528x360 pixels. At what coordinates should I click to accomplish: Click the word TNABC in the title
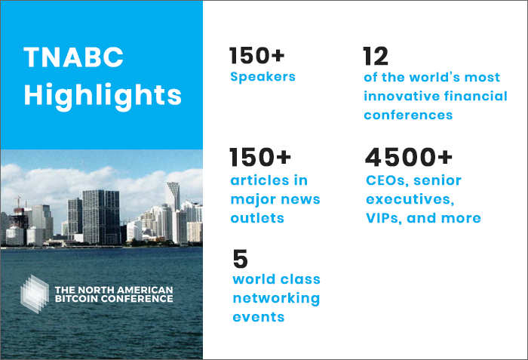[73, 57]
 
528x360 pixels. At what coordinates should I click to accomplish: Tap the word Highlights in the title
[103, 96]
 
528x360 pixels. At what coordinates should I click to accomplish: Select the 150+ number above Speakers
[257, 55]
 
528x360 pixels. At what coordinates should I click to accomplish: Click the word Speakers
[262, 77]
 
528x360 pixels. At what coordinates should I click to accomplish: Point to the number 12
[376, 56]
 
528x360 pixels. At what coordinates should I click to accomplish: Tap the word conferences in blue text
[408, 115]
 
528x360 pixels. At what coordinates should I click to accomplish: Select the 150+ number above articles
[260, 157]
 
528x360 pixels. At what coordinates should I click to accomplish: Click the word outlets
[257, 218]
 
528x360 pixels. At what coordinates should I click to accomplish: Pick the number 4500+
[409, 157]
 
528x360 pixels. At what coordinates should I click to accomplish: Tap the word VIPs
[384, 218]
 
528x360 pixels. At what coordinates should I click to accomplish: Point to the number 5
[241, 259]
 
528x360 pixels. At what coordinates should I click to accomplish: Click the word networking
[276, 299]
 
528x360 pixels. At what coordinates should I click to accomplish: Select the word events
[259, 317]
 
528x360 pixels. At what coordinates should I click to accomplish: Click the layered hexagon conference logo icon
[35, 294]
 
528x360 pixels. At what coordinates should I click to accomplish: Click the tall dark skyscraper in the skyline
[100, 217]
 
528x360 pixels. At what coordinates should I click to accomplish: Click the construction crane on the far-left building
[19, 202]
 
